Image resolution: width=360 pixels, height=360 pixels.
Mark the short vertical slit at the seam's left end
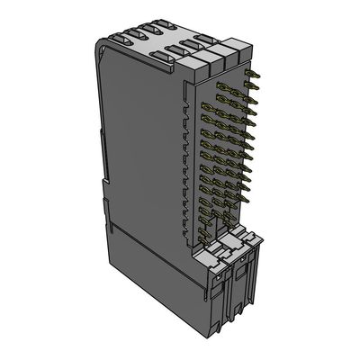click(x=111, y=216)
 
